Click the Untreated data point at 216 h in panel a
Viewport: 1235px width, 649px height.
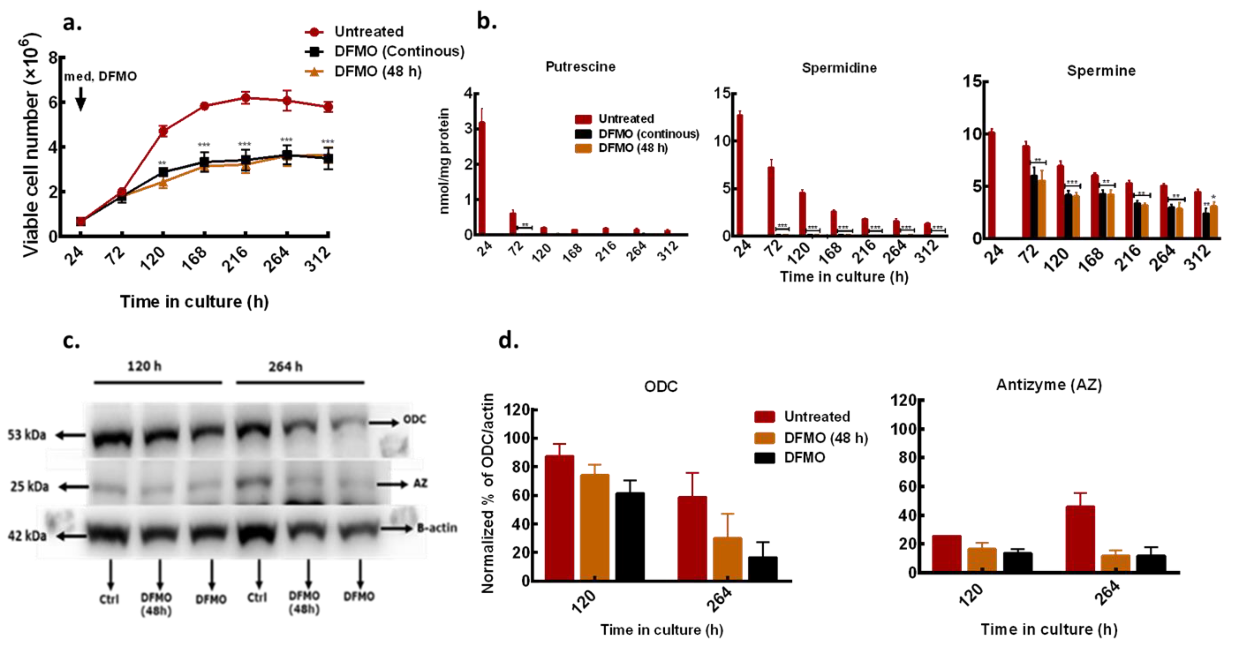246,98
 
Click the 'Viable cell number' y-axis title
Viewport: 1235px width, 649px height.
31,144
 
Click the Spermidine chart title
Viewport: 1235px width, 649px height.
839,68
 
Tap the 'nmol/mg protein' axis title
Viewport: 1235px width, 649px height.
444,160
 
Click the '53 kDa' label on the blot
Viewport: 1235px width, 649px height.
27,435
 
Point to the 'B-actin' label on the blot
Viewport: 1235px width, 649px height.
436,528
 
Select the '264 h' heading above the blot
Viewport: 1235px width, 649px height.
285,367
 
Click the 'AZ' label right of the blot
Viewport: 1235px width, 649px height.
420,483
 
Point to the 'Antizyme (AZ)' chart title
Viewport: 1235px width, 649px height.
1049,385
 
